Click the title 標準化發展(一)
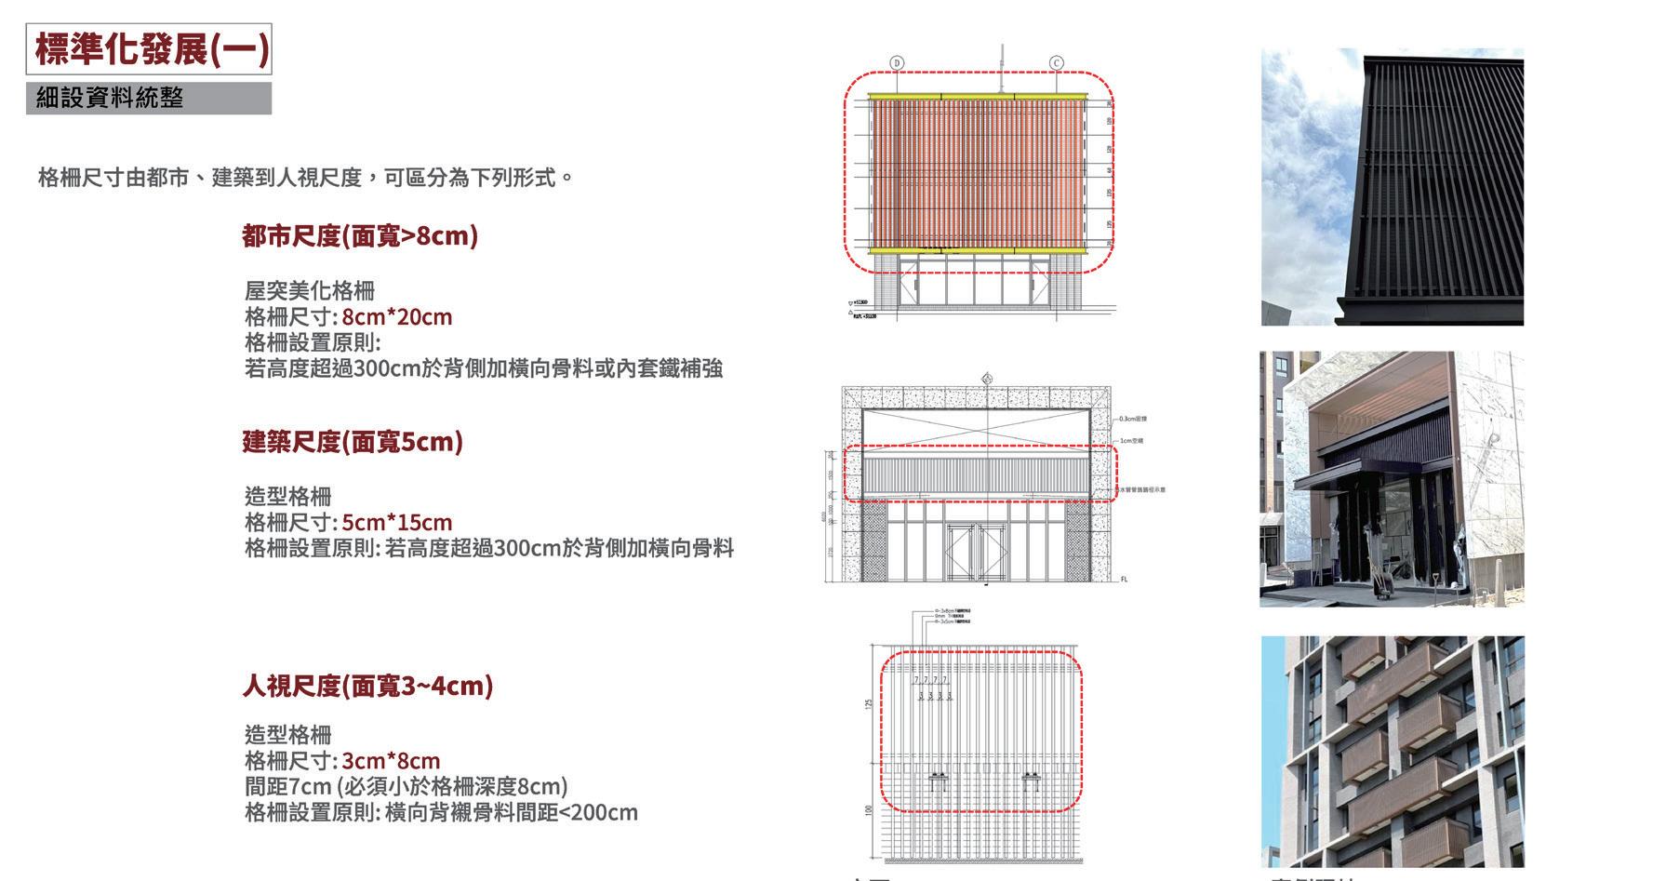[149, 49]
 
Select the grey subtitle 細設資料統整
[110, 98]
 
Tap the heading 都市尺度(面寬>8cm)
[359, 236]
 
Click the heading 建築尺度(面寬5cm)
[352, 442]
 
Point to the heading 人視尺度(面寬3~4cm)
[367, 687]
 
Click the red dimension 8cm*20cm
[396, 317]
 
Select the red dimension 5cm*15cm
[396, 523]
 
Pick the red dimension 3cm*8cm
[391, 761]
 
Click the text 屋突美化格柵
[309, 291]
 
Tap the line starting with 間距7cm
[406, 787]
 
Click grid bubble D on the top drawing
[897, 63]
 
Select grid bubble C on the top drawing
[1057, 63]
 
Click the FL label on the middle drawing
[1124, 580]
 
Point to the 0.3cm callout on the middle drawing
[1133, 420]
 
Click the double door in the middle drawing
[977, 553]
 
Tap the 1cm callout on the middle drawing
[1131, 440]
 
